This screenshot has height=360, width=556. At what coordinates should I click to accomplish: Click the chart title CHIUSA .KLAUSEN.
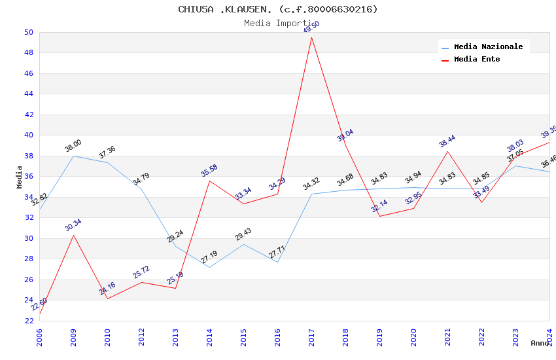pos(278,9)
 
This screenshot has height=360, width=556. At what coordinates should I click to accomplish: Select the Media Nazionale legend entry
pos(488,46)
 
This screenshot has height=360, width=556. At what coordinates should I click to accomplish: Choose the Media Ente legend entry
pos(477,59)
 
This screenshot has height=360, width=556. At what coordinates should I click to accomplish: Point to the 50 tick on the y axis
pos(29,32)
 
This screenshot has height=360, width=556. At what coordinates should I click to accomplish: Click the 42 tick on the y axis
pos(29,115)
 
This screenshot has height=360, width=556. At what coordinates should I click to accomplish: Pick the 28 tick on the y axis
pos(29,259)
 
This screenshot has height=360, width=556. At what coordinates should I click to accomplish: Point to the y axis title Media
pos(19,177)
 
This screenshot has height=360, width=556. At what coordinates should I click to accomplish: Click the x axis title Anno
pos(540,343)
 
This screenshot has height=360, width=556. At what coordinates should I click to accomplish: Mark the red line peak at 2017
pos(311,37)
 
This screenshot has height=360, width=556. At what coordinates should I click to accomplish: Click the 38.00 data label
pos(73,145)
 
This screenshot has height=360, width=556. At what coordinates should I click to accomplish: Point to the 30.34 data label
pos(73,225)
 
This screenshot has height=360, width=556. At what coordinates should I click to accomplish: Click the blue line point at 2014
pos(209,267)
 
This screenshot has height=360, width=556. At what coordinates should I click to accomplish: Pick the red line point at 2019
pos(379,216)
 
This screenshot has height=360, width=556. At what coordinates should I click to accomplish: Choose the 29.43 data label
pos(243,234)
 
